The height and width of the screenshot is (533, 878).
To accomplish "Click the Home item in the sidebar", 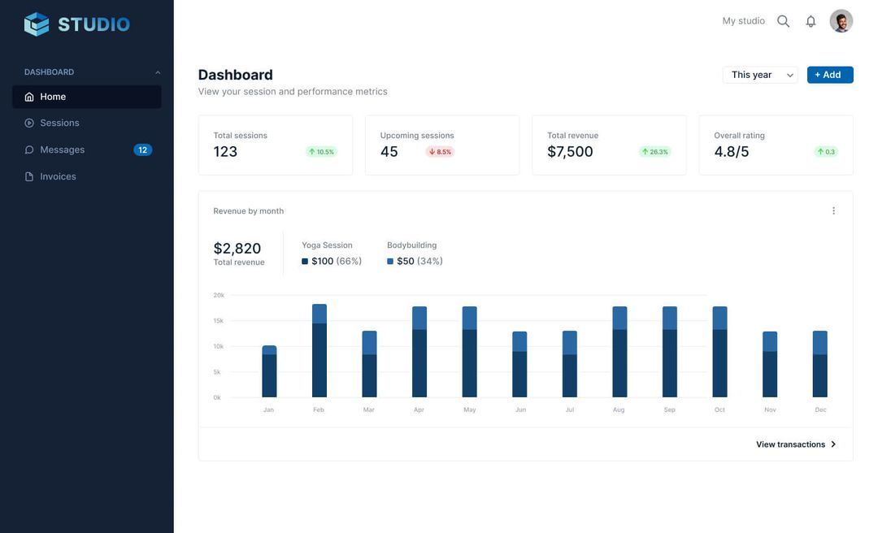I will (x=53, y=97).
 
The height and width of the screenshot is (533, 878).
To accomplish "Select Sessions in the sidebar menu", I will (x=59, y=123).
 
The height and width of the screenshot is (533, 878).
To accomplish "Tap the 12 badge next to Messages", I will (x=142, y=150).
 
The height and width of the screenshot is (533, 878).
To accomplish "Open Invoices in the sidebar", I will (x=58, y=176).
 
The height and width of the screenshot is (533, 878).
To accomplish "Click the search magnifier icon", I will (x=783, y=21).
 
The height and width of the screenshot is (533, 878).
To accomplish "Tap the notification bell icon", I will (x=811, y=21).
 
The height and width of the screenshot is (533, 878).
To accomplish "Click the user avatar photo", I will (x=841, y=21).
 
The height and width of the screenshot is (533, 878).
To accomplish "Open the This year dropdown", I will (x=760, y=75).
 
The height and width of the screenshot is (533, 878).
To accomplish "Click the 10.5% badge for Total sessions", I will (x=321, y=152).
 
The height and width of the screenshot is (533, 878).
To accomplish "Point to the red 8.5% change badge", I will (x=440, y=152).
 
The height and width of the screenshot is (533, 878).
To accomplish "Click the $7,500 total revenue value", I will (x=570, y=152).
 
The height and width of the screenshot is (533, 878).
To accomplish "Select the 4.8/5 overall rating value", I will (x=732, y=152).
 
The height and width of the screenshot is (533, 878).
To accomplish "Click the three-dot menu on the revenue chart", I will (x=833, y=211).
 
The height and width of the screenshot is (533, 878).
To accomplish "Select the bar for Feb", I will (x=319, y=351).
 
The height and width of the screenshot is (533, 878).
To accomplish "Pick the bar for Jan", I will (x=269, y=371).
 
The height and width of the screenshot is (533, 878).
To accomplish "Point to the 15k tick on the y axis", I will (x=218, y=321).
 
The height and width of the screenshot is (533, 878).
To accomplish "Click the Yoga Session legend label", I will (x=327, y=245).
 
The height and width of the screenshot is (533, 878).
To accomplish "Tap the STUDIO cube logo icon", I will (x=37, y=24).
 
